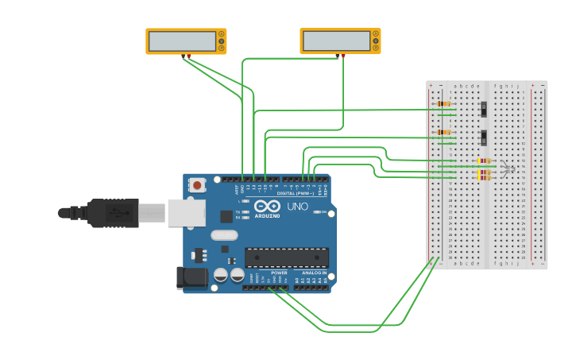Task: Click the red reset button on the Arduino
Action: [x=197, y=185]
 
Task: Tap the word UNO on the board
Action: [x=297, y=207]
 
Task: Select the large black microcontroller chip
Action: [x=286, y=257]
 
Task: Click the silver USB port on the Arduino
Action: [x=187, y=213]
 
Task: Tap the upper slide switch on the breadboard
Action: [x=483, y=108]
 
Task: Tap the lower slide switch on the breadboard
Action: [x=483, y=137]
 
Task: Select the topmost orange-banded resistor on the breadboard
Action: [x=443, y=103]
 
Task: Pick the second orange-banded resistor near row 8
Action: [x=443, y=132]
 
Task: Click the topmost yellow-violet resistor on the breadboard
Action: [x=484, y=161]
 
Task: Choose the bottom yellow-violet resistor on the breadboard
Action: [x=484, y=177]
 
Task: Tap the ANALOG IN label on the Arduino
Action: [x=314, y=273]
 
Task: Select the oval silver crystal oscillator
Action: [x=224, y=235]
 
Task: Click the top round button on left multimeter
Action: [x=221, y=34]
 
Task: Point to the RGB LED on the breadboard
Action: [x=508, y=168]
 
